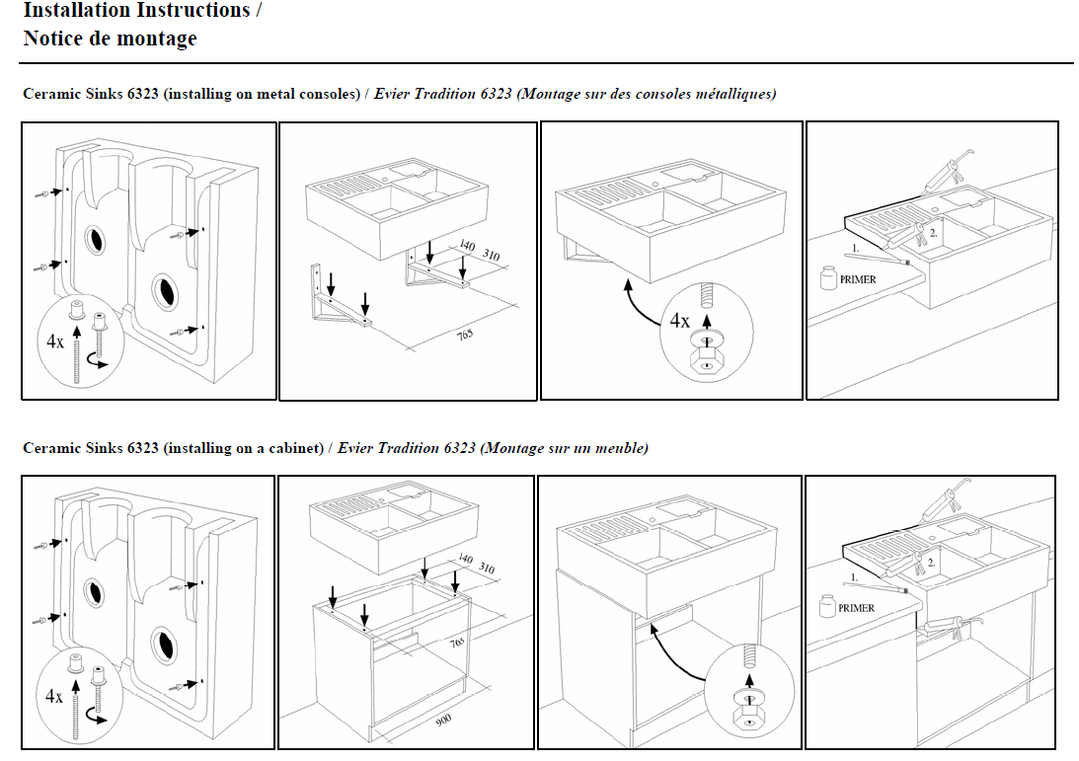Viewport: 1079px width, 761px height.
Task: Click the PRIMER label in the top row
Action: point(857,279)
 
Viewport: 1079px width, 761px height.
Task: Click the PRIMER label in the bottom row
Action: point(856,608)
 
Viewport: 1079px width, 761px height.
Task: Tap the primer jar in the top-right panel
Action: point(828,277)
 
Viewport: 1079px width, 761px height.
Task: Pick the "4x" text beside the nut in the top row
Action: point(680,321)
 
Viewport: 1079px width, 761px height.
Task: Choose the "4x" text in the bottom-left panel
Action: point(54,696)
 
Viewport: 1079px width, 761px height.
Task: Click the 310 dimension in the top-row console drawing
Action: point(491,256)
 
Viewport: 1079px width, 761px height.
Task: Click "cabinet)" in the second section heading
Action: point(297,448)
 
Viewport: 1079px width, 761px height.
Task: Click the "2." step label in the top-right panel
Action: point(932,233)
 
